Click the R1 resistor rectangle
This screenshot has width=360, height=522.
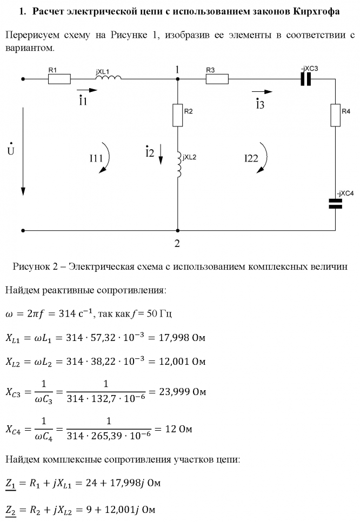pyautogui.click(x=59, y=79)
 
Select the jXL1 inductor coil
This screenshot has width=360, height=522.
pyautogui.click(x=109, y=79)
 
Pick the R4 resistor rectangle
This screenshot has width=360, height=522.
pyautogui.click(x=336, y=115)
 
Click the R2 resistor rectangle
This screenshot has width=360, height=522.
pyautogui.click(x=178, y=115)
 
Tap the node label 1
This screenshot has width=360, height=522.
pyautogui.click(x=177, y=69)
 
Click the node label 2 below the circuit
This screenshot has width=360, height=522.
pyautogui.click(x=177, y=243)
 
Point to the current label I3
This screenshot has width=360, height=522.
pyautogui.click(x=260, y=104)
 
